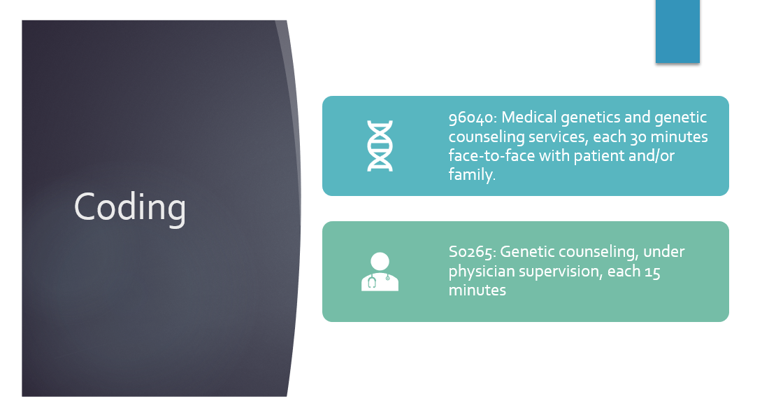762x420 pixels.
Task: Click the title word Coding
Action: pos(130,208)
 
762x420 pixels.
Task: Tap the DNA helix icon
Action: pos(380,146)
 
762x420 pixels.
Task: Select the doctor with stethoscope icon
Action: pos(380,272)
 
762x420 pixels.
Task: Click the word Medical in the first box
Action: pos(529,118)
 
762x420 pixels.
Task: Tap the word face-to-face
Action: pos(491,155)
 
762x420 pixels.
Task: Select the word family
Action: pos(470,175)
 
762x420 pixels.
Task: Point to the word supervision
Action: pos(561,272)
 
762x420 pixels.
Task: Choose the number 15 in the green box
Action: pos(652,272)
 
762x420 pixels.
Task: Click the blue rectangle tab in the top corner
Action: pos(677,31)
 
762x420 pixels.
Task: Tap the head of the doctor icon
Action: pos(380,261)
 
